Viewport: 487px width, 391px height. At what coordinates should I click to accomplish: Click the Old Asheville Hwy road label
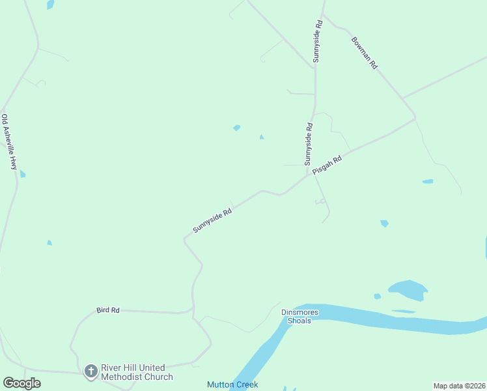point(8,142)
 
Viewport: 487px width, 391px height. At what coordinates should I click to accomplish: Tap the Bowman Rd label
point(365,53)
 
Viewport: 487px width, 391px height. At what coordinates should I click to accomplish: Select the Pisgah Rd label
point(327,166)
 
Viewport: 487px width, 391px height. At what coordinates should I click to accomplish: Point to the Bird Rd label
point(107,310)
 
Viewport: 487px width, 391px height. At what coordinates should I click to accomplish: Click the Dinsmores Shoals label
point(299,316)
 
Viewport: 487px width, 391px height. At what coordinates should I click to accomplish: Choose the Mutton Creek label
point(232,384)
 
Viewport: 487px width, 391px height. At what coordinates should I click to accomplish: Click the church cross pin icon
point(91,371)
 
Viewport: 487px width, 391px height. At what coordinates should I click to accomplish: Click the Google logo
point(21,383)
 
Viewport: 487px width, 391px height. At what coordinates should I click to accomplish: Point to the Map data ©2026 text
point(459,386)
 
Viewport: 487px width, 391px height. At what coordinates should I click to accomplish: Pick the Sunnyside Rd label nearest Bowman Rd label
point(318,41)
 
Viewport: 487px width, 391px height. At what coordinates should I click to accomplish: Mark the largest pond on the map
point(408,289)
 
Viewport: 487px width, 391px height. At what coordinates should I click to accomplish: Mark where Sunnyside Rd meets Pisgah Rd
point(308,175)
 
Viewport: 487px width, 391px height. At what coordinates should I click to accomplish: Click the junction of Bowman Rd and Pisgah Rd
point(415,119)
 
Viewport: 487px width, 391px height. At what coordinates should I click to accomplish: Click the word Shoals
point(299,321)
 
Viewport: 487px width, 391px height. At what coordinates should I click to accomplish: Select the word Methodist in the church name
point(123,377)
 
